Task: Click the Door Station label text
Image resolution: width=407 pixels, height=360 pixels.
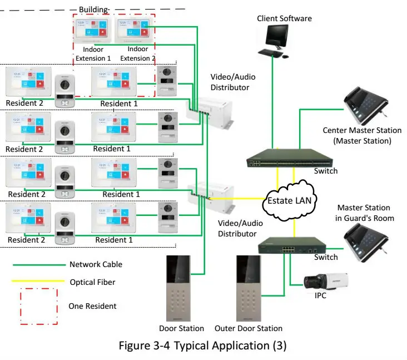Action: point(181,328)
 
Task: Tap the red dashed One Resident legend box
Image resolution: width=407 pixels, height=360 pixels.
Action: point(38,306)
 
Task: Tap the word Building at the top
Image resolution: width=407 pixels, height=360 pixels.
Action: point(93,9)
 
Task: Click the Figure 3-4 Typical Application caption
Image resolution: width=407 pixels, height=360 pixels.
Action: point(203,346)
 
